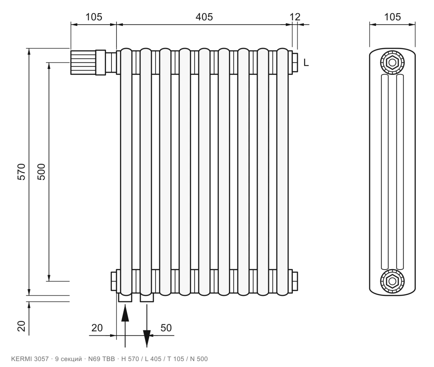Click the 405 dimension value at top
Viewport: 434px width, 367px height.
point(204,17)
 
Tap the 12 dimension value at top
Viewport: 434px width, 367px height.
point(295,17)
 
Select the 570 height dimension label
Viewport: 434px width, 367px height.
point(21,171)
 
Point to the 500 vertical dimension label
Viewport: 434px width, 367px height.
point(41,171)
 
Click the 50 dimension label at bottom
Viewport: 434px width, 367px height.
point(166,328)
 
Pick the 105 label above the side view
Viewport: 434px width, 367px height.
point(392,17)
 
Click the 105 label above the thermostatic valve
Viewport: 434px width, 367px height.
point(94,17)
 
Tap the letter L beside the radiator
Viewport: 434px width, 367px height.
point(306,63)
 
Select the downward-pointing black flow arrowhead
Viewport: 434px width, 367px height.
point(147,339)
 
